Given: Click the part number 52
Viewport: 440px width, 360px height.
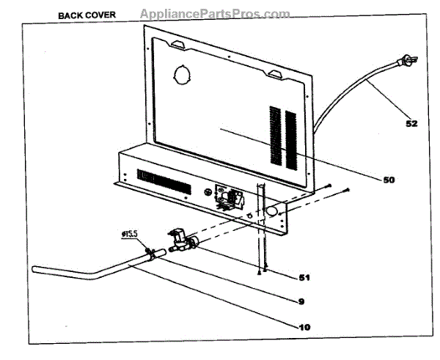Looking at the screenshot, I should tap(411, 124).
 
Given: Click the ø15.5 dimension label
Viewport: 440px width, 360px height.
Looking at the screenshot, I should tap(130, 235).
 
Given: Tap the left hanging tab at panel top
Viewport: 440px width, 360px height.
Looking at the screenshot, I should tap(176, 45).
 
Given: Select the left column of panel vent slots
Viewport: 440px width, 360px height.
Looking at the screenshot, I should tap(275, 135).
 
